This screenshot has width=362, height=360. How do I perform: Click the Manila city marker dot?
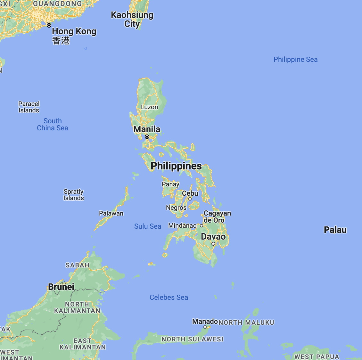coord(147,137)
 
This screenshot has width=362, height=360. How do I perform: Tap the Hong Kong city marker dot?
coord(49,25)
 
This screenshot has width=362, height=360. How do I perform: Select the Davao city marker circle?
coord(213,244)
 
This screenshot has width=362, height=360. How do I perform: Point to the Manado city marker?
coord(205,327)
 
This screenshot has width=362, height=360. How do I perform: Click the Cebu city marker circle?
coord(190,199)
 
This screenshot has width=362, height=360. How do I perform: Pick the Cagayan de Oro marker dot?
coord(202,225)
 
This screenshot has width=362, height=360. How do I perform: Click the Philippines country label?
coord(176,166)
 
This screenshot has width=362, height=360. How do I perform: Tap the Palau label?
coord(335,230)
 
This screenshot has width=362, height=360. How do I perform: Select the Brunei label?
coord(61,287)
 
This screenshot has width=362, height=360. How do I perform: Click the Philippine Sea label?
coord(295,60)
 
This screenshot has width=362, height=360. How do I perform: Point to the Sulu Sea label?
coord(148,226)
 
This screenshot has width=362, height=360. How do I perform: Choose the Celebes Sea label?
coord(169,297)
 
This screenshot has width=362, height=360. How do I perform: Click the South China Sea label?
coord(53,125)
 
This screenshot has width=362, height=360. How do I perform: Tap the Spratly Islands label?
coord(74,195)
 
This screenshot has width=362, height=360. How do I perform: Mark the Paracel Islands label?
coord(29,107)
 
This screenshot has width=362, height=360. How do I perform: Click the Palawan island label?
coord(111,213)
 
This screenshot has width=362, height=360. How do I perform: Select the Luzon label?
coord(150,107)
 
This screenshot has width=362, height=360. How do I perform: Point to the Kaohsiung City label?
coord(132,19)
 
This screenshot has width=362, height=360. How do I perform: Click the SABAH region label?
coord(78,265)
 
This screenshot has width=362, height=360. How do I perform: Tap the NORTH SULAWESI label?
coord(192,339)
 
